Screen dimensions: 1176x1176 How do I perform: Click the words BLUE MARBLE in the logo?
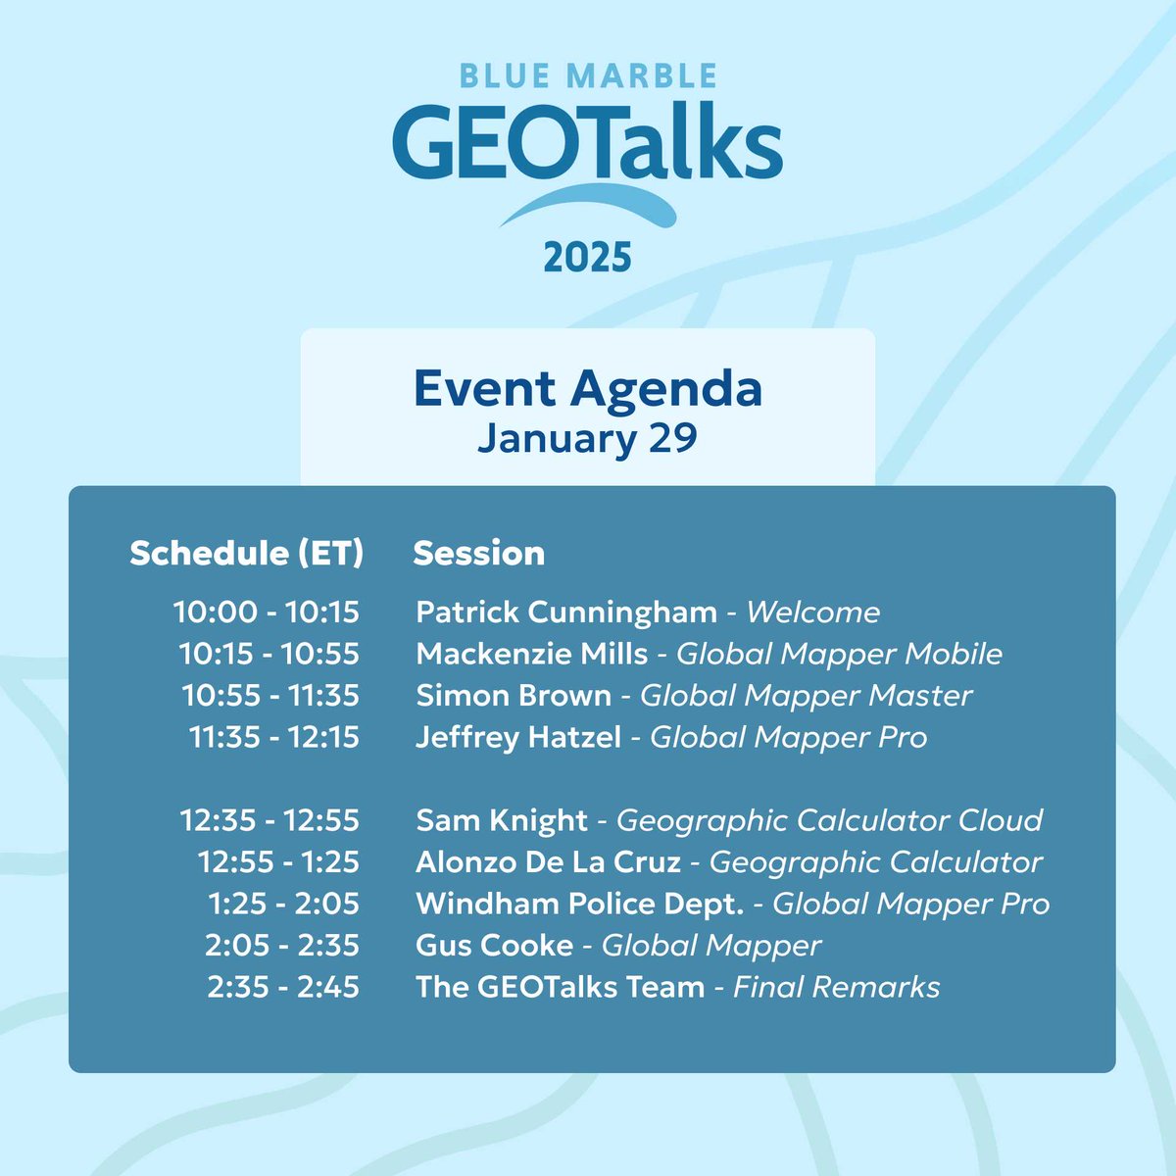click(588, 76)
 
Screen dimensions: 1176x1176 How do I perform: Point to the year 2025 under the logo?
click(588, 258)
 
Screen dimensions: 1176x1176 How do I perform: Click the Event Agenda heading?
click(588, 389)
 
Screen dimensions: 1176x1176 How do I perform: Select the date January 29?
click(588, 437)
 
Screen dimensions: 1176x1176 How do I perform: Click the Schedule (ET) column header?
click(246, 554)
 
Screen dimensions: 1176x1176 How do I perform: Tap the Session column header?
click(478, 554)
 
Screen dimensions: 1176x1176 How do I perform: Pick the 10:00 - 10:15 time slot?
click(267, 612)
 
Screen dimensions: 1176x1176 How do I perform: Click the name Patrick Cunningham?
click(566, 612)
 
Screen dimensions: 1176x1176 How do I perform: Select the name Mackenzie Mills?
click(532, 654)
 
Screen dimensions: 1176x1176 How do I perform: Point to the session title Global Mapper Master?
click(806, 696)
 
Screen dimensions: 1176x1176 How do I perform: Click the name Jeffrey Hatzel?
click(518, 737)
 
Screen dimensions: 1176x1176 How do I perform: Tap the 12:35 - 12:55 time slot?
click(269, 820)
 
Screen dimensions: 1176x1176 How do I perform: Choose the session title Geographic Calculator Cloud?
click(829, 820)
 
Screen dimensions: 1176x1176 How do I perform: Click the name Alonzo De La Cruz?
click(548, 862)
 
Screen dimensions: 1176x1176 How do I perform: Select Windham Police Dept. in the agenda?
click(580, 904)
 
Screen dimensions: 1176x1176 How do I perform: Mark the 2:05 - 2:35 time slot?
click(282, 946)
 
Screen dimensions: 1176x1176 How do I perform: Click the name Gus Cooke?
click(495, 946)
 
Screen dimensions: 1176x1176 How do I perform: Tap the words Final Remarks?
click(836, 987)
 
